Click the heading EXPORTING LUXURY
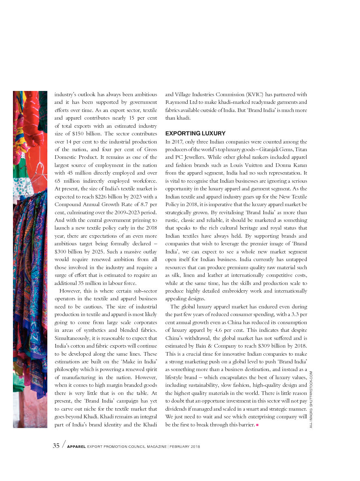point(195,133)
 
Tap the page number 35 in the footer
point(56,446)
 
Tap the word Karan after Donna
point(299,165)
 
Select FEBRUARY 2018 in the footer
point(185,447)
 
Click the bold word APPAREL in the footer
point(76,447)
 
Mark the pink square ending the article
point(257,425)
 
